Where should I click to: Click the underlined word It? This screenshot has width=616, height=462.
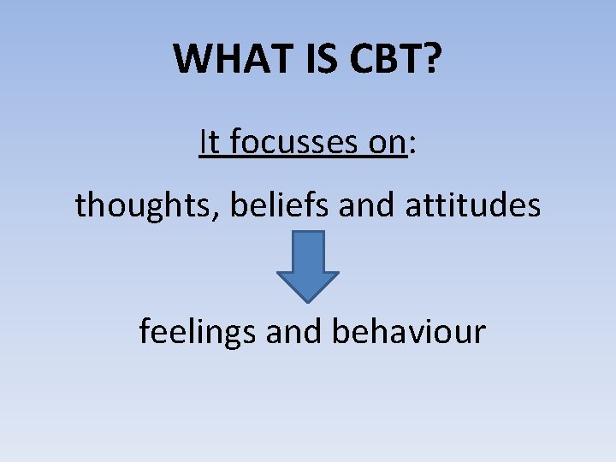click(210, 142)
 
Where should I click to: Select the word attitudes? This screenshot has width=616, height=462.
click(468, 205)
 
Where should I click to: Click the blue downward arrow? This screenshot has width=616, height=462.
click(307, 265)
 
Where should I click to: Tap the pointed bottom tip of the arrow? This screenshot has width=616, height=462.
click(307, 299)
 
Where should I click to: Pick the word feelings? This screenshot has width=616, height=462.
click(198, 332)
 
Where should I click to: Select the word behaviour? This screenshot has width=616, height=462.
click(408, 331)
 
